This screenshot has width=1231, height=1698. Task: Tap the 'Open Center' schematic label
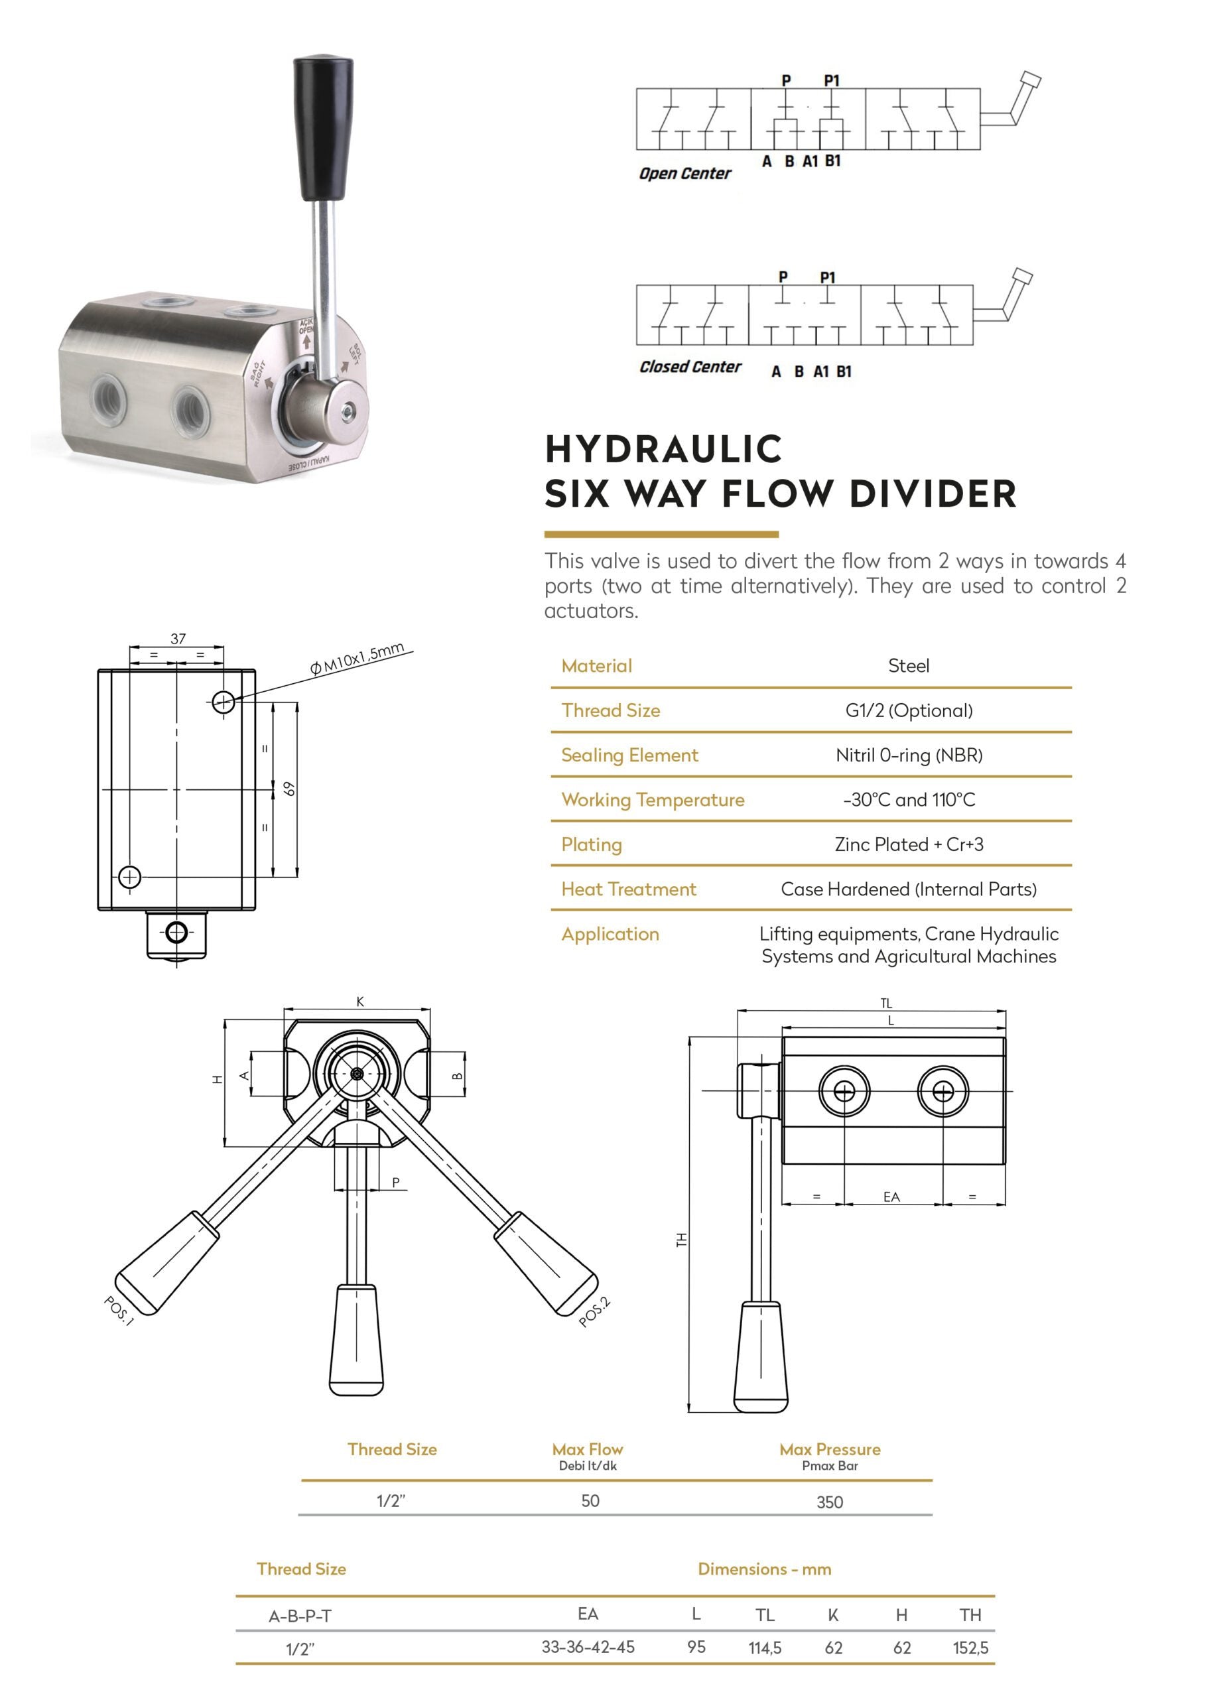(x=684, y=174)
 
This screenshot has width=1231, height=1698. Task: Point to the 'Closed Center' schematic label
(x=690, y=367)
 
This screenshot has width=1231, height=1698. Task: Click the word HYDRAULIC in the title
(x=663, y=450)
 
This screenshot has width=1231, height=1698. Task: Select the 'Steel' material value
(x=908, y=665)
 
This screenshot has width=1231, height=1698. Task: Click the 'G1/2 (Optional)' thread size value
(x=908, y=710)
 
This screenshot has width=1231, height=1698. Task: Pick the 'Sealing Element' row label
(x=629, y=755)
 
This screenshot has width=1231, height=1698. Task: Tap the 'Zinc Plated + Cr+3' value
(x=908, y=844)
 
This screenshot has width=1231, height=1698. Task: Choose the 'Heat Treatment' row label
(x=628, y=889)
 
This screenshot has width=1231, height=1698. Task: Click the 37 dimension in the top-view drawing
(x=178, y=639)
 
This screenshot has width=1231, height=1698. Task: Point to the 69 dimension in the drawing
(x=290, y=789)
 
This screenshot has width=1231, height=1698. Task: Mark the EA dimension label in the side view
(x=891, y=1197)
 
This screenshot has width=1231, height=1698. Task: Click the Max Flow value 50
(x=590, y=1501)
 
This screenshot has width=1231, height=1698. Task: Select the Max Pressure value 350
(x=830, y=1502)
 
